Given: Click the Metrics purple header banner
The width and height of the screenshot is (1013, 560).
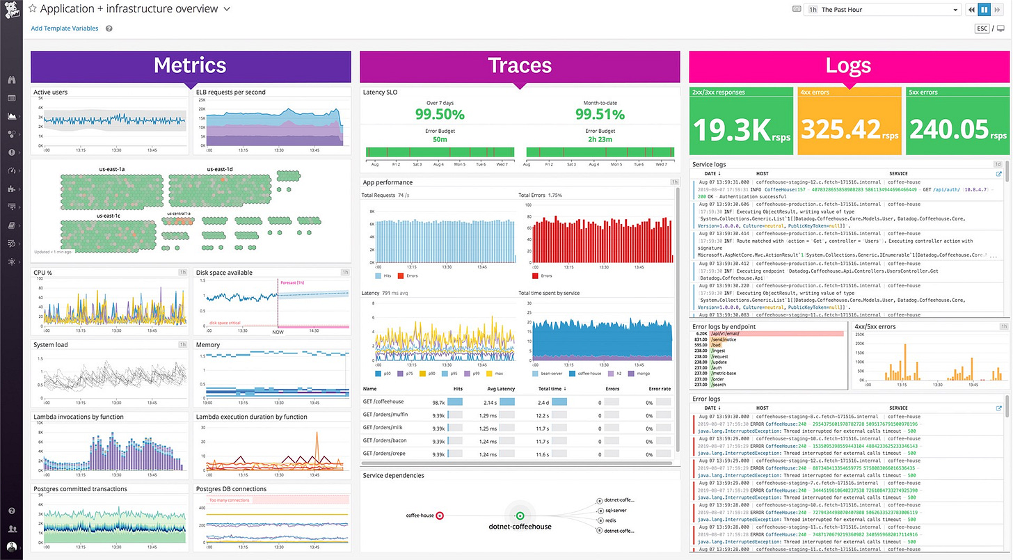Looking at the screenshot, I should tap(190, 66).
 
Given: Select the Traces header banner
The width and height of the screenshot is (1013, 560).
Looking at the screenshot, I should tap(519, 66).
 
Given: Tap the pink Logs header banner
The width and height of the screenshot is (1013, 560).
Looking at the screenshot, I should tap(848, 66).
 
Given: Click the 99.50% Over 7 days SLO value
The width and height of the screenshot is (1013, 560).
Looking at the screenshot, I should tap(440, 114).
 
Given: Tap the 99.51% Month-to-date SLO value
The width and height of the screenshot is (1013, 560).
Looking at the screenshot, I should tap(600, 114).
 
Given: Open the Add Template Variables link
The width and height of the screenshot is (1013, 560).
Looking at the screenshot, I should tap(65, 29).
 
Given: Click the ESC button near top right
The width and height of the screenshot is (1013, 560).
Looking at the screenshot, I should tap(982, 29).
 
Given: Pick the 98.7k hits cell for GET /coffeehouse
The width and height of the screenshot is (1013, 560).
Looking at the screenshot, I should tap(438, 402).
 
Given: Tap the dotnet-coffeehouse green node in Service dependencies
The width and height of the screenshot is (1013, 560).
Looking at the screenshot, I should tap(520, 515).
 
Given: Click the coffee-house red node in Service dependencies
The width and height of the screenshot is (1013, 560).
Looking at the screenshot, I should tap(440, 515).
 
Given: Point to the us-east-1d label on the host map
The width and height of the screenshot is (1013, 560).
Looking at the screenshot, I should tap(220, 169).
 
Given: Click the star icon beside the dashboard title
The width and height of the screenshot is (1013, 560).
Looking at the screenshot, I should tap(32, 9).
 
